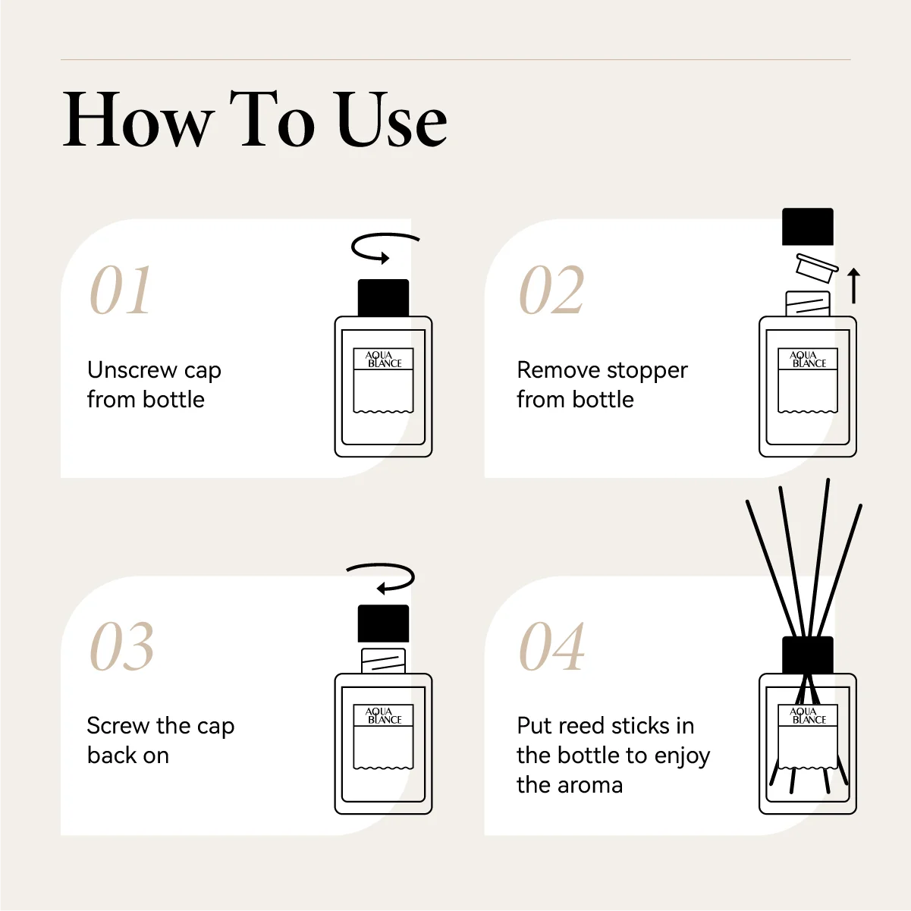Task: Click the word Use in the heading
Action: tap(392, 119)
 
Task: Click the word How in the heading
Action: tap(139, 119)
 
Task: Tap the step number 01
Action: tap(121, 289)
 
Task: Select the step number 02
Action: tap(551, 289)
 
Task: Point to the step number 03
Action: tap(121, 646)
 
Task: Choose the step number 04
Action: tap(551, 646)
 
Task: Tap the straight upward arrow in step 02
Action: tap(853, 285)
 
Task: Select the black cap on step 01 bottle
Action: tap(383, 298)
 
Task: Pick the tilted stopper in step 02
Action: tap(816, 268)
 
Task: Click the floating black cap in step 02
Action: tap(808, 227)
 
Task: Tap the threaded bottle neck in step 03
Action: tap(383, 661)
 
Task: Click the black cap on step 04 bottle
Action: tap(808, 655)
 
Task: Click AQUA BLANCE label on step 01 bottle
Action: tap(383, 360)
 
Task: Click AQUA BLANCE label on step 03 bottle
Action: tap(383, 716)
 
